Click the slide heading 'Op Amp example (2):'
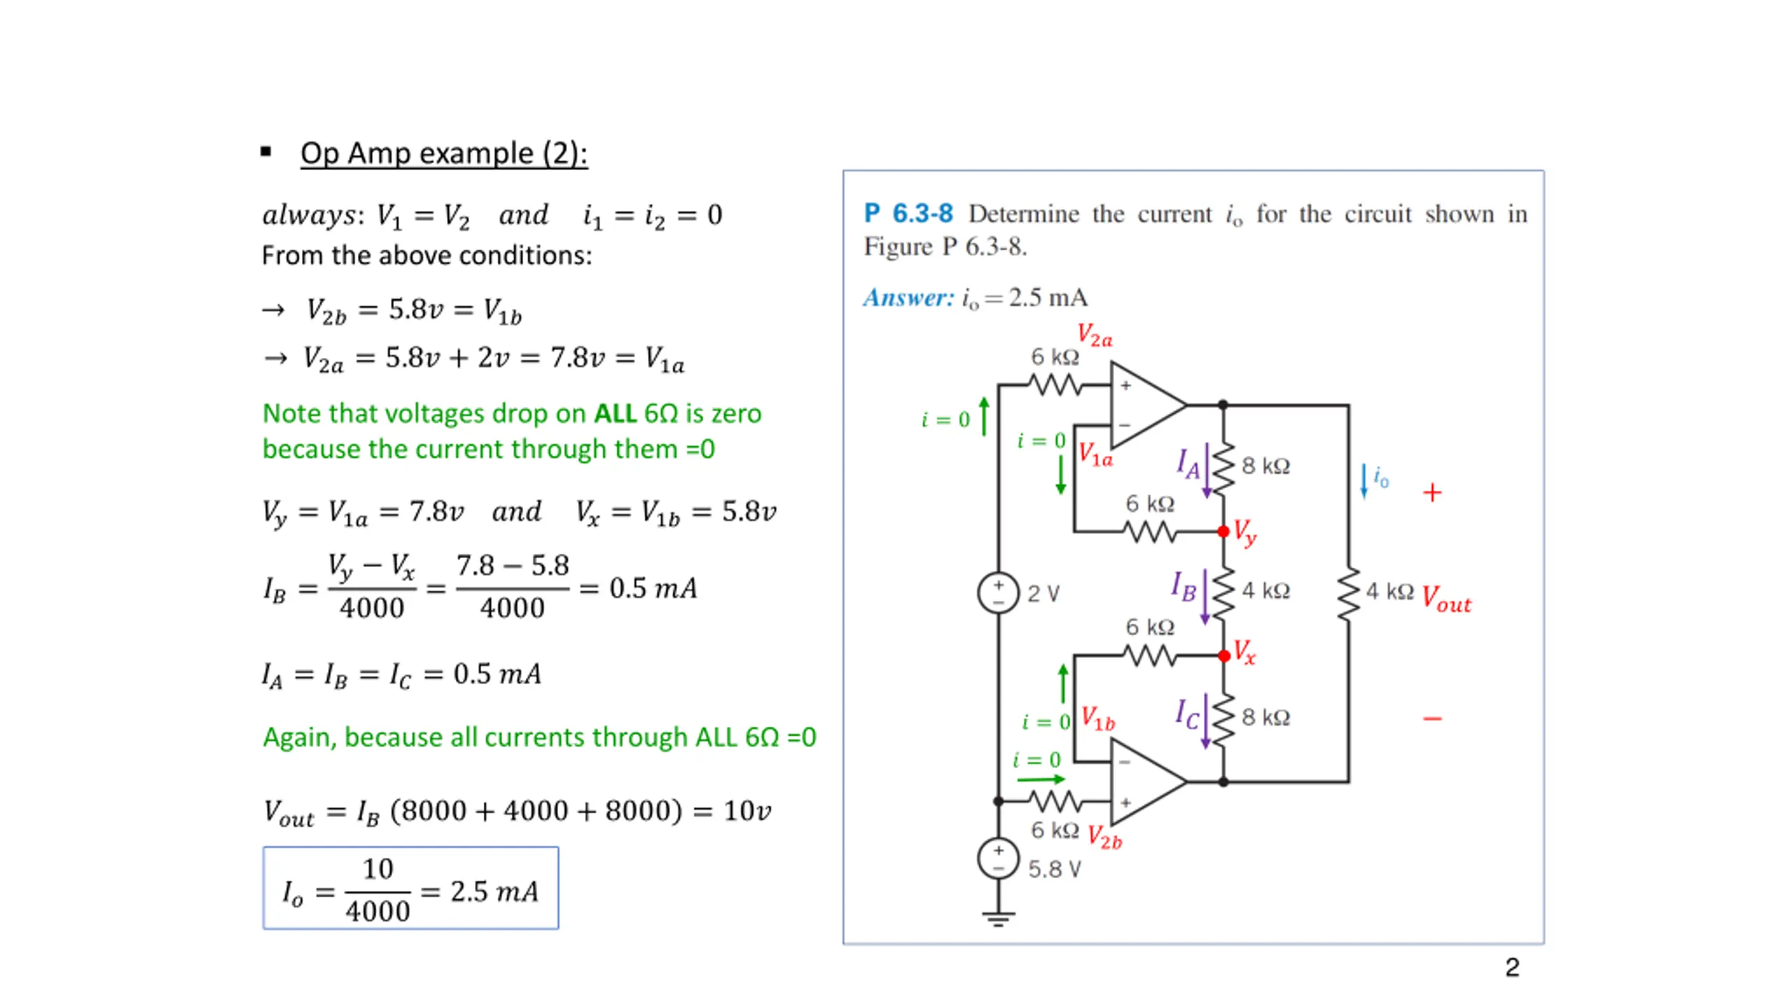point(443,153)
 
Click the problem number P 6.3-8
point(908,213)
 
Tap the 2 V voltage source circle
point(998,592)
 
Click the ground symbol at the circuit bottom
point(998,918)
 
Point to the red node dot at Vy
point(1223,531)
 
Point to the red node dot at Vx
point(1224,655)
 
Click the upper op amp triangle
point(1143,405)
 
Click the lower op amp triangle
point(1143,782)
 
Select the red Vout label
point(1446,599)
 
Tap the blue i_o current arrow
point(1363,481)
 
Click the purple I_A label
point(1187,463)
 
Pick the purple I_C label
point(1187,713)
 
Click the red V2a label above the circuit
point(1094,335)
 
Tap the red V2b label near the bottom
point(1104,836)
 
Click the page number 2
point(1512,968)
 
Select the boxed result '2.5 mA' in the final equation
point(494,892)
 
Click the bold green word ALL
point(615,414)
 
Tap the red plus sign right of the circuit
point(1432,493)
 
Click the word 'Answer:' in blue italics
point(908,298)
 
